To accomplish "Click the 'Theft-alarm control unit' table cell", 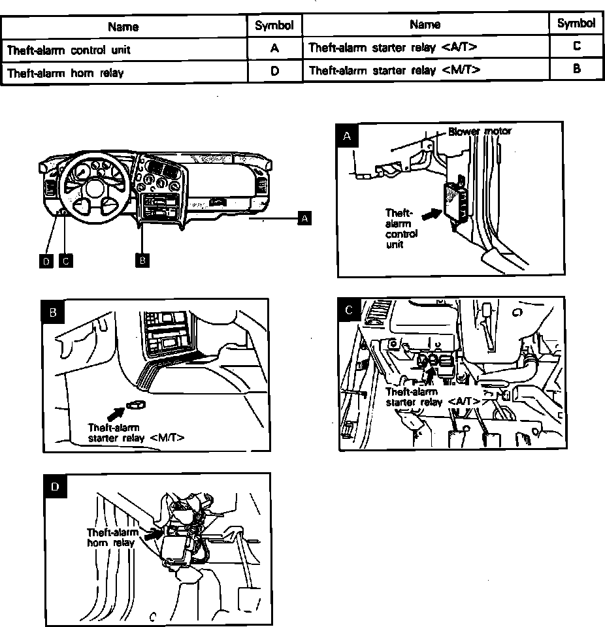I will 124,48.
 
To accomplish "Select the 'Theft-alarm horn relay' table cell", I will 124,72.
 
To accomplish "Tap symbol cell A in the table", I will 274,48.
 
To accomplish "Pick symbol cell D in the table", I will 274,72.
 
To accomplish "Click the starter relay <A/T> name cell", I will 425,47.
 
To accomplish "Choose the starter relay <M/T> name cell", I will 425,69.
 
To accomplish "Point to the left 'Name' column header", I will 123,27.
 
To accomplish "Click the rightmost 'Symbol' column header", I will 576,24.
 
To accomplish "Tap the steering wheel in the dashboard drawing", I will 91,187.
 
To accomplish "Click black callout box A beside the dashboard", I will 304,218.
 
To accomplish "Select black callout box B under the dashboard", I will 142,260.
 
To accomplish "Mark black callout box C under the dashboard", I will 65,261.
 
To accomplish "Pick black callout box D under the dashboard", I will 45,261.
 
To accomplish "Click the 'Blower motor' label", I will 480,131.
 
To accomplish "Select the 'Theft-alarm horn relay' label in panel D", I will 112,537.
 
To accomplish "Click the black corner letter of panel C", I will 349,310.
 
